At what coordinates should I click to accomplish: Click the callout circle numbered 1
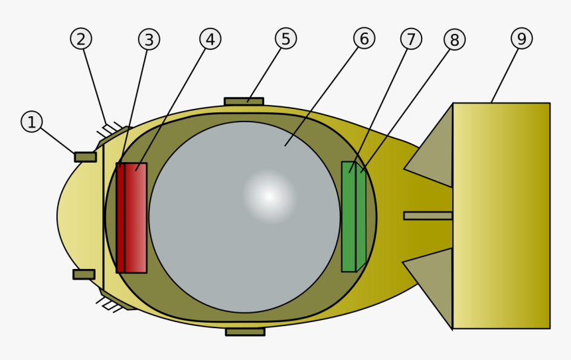(31, 122)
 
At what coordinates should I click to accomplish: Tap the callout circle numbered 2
(80, 39)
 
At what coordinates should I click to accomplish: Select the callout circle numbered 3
(149, 39)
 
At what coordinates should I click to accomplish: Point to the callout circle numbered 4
(210, 39)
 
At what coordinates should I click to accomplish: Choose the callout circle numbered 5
(285, 39)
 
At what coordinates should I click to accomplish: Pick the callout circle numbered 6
(364, 39)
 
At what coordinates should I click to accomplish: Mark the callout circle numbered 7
(411, 39)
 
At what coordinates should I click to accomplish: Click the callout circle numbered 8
(454, 40)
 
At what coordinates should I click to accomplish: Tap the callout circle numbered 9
(521, 39)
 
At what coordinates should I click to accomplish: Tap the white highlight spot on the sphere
(269, 196)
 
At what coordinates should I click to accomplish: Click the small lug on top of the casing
(244, 102)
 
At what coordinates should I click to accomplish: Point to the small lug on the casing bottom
(245, 331)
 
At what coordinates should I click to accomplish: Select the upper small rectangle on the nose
(85, 157)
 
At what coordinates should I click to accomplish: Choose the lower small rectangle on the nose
(84, 274)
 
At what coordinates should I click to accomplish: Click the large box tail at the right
(501, 215)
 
